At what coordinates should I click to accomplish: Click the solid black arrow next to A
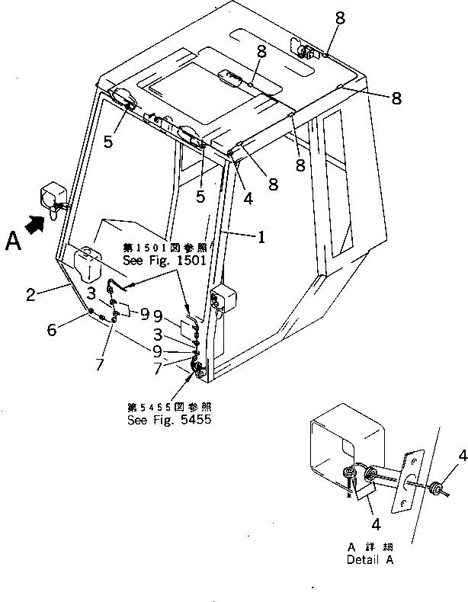click(34, 225)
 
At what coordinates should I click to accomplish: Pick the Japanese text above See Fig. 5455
click(168, 407)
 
